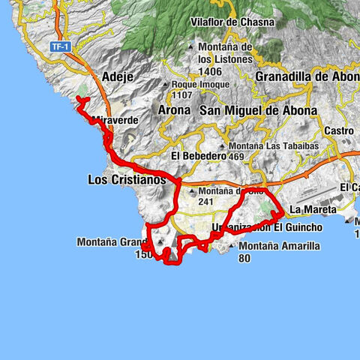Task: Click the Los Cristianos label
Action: [x=126, y=180]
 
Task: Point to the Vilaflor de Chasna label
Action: [x=233, y=22]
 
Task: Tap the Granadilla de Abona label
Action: [x=307, y=76]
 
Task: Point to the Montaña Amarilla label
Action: [x=280, y=246]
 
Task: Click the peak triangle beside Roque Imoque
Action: [x=166, y=85]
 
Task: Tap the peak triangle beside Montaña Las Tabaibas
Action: [x=223, y=146]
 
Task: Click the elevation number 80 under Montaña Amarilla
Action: [x=244, y=258]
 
